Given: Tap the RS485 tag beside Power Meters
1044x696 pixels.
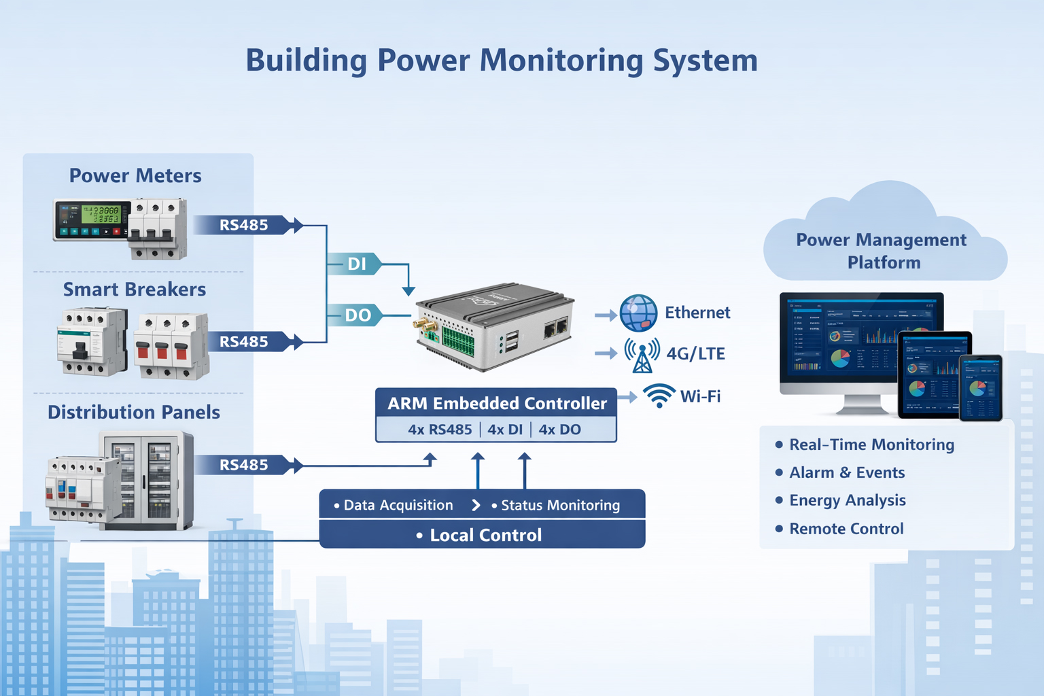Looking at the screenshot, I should click(243, 225).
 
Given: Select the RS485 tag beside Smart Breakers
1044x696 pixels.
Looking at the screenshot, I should click(243, 342).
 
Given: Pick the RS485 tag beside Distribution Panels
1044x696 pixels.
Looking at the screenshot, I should click(243, 465).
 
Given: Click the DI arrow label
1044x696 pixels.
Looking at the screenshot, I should click(356, 264).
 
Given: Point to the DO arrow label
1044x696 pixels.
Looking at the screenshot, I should click(358, 315).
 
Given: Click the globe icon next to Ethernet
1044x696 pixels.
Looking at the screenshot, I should click(638, 313).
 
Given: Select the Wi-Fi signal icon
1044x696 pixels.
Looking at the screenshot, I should click(659, 396).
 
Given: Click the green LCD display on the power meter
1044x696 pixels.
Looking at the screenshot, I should click(101, 215).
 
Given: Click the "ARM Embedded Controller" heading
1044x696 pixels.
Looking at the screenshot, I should click(497, 403).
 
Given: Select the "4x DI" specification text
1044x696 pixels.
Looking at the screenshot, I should click(505, 430).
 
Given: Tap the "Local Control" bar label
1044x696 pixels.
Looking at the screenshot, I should click(485, 536).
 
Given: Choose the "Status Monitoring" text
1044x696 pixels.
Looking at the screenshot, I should click(560, 505).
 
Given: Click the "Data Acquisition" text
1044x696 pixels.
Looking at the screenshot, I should click(398, 505).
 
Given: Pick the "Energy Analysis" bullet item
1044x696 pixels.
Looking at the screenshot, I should click(847, 500).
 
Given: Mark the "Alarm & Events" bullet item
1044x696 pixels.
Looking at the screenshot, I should click(847, 472).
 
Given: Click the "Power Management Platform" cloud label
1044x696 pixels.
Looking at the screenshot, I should click(882, 251).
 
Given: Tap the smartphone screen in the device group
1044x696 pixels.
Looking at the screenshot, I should click(981, 388).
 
